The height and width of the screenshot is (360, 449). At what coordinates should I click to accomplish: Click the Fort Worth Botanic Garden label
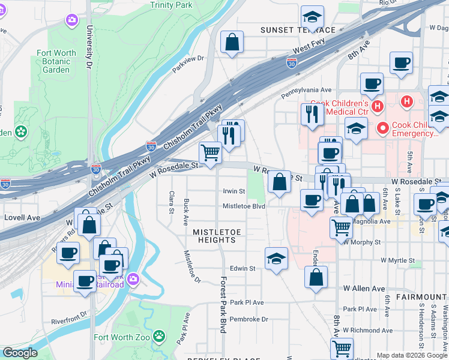tap(56, 61)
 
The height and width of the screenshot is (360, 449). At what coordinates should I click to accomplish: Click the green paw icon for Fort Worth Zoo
tap(159, 334)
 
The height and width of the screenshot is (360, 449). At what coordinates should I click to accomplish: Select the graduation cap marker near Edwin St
tap(276, 259)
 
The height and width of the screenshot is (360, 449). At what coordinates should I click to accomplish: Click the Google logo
tap(20, 353)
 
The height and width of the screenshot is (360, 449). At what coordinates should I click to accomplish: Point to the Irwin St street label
tap(234, 191)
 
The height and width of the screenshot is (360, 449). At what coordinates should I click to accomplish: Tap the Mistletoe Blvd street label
tap(244, 206)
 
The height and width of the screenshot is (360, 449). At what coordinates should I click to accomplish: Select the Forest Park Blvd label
tap(223, 305)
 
